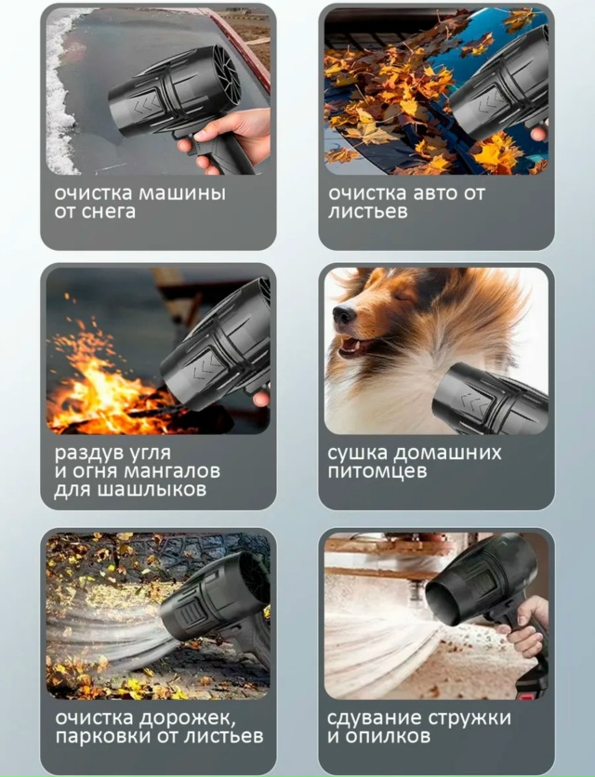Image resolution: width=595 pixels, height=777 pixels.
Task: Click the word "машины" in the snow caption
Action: tap(181, 192)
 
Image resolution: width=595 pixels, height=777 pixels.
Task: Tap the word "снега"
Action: tap(108, 212)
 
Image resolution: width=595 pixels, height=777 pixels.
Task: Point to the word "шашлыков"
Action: tap(152, 490)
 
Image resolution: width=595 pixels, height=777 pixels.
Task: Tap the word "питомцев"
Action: tap(377, 471)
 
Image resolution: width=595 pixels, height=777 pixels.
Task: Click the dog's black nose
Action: tap(343, 313)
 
